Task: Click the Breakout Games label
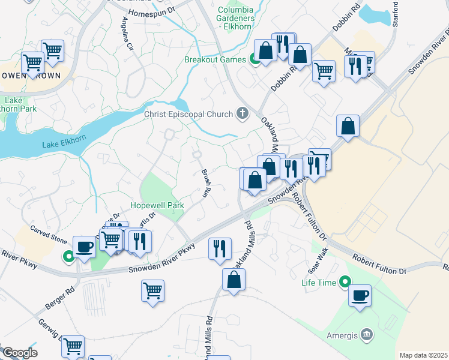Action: (x=215, y=59)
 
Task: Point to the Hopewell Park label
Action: (x=157, y=205)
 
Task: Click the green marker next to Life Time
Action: (x=345, y=281)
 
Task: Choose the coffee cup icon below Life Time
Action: (x=360, y=296)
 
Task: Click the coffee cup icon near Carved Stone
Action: (x=84, y=247)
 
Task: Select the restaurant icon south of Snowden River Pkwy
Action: (x=220, y=248)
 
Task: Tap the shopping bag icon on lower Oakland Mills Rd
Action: (x=234, y=280)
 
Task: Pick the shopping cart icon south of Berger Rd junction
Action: (x=153, y=291)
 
